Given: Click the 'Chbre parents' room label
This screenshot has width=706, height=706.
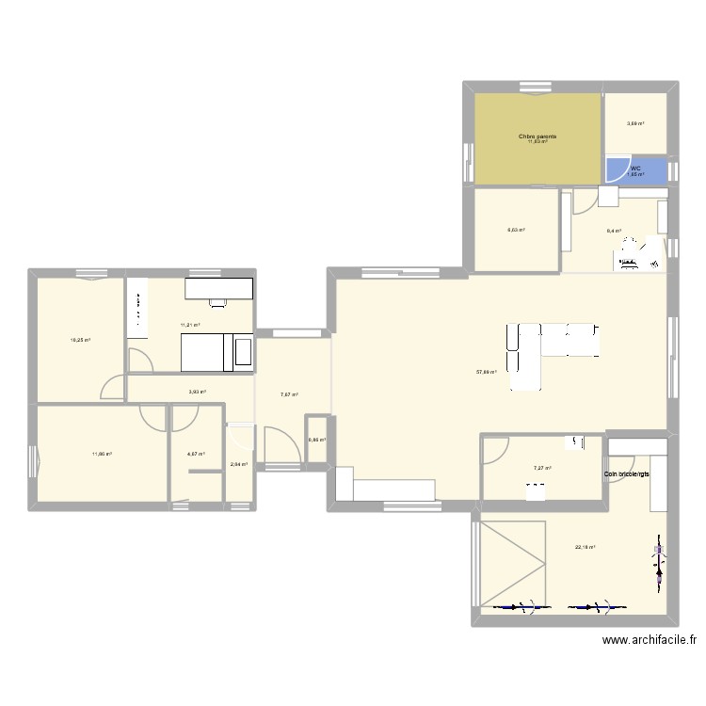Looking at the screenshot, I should point(538,136).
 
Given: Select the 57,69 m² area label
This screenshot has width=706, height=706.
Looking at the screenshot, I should point(487,372).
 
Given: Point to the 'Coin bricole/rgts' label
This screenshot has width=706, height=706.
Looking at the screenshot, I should point(627,474).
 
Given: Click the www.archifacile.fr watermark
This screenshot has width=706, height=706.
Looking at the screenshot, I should point(649,640).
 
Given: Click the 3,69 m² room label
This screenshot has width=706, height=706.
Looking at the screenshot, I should point(635,122).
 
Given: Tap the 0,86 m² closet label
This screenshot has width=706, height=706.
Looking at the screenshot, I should point(317,439).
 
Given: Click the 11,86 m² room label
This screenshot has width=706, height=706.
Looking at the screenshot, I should point(102,454).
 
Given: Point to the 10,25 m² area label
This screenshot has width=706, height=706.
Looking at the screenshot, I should point(80,340).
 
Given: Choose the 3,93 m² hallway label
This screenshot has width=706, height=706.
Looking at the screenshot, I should point(197,392).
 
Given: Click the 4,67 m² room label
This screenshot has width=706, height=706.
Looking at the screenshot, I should point(196,454).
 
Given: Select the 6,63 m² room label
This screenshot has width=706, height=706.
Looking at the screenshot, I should point(516,230).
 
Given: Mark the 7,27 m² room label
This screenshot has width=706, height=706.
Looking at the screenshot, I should point(542,468).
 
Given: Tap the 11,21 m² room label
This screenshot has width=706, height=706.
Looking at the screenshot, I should point(190,325).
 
